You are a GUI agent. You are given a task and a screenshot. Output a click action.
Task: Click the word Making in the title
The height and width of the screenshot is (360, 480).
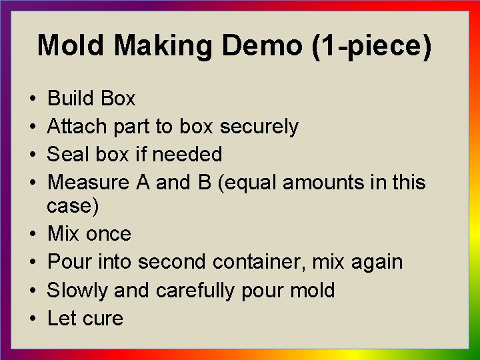[163, 46]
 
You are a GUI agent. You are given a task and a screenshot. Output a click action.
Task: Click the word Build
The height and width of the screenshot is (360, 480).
[71, 99]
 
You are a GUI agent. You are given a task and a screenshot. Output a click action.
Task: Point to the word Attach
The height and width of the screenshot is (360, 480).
[78, 127]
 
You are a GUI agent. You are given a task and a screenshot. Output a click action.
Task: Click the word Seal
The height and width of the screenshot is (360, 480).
[68, 155]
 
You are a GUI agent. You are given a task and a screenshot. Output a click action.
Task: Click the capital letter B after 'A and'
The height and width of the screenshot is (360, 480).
[204, 182]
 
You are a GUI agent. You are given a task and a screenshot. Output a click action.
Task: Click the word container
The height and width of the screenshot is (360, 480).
[263, 262]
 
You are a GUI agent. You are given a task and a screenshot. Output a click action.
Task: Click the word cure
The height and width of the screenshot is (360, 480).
[103, 318]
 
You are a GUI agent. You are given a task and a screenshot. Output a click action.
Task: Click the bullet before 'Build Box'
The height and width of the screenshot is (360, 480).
[33, 99]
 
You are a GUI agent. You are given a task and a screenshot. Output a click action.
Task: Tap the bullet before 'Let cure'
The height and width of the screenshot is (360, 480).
[33, 319]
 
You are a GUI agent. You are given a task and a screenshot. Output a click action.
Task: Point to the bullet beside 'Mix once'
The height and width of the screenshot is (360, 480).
[33, 235]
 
